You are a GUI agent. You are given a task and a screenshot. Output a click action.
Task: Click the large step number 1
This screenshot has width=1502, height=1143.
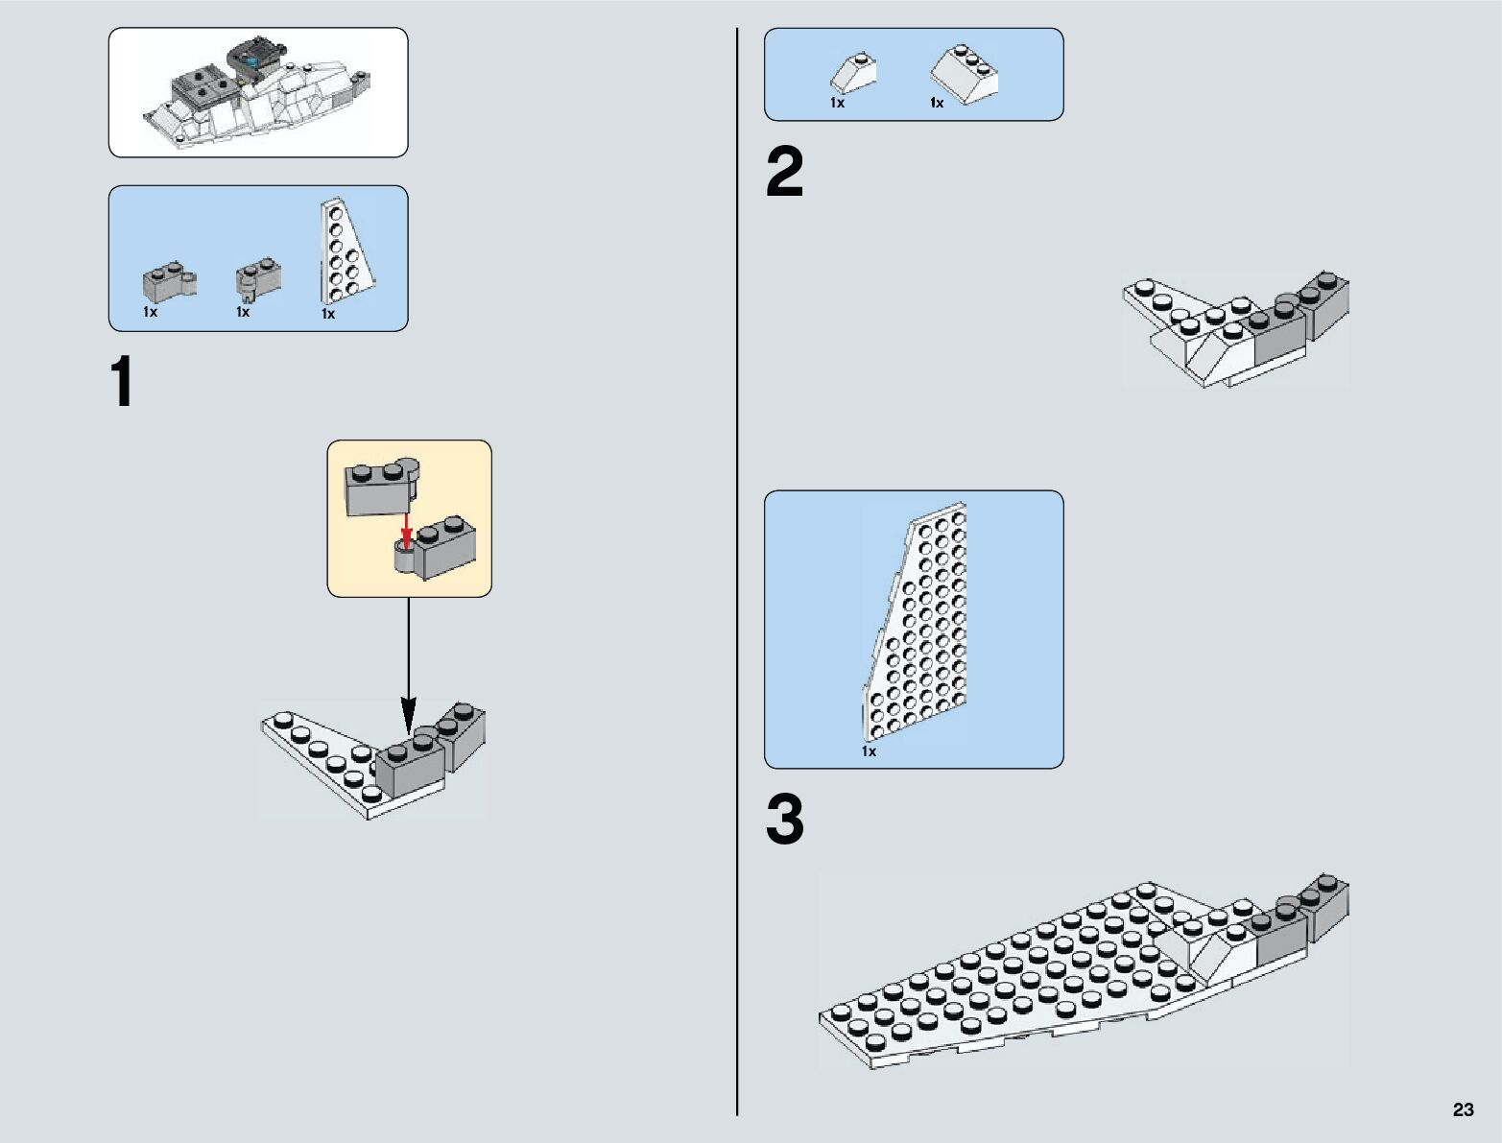[x=122, y=383]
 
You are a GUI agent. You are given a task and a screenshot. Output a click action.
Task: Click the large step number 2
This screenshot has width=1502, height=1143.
[x=784, y=174]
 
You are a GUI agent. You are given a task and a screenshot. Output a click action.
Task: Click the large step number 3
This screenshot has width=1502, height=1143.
[x=784, y=822]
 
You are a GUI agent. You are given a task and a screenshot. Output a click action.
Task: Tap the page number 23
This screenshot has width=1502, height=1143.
[x=1463, y=1109]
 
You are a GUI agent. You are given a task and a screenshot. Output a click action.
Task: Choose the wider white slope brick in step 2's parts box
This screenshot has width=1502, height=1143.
[x=964, y=71]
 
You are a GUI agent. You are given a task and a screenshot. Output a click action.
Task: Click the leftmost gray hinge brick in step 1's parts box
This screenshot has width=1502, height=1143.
[x=169, y=280]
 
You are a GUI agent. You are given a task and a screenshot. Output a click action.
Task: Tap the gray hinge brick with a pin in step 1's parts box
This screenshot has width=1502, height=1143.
[x=258, y=276]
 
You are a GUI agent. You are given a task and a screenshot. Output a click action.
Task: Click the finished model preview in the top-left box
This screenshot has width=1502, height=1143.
[x=257, y=93]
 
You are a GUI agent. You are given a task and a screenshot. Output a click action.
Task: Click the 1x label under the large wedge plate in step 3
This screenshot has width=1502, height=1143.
[x=869, y=752]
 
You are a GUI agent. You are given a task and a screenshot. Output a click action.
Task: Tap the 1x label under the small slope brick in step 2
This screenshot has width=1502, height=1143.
[x=837, y=103]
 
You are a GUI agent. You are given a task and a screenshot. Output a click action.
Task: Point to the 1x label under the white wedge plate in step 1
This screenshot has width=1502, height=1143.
[x=328, y=314]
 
